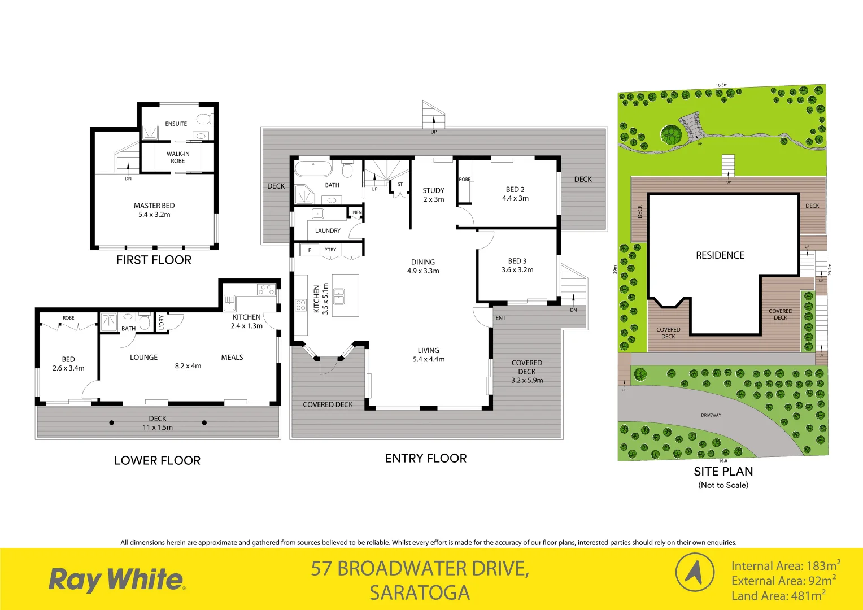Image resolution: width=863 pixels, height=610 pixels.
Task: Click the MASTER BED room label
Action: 154,210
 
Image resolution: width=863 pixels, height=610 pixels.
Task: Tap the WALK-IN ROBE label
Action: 178,157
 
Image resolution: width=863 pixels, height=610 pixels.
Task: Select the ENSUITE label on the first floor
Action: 176,124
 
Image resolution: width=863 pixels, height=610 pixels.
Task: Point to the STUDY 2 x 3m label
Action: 434,195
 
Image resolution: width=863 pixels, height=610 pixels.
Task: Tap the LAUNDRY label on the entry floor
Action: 328,230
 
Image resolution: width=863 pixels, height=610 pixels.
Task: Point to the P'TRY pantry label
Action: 330,250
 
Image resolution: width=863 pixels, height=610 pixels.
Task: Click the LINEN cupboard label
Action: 355,212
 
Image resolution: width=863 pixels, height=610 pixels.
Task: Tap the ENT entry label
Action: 500,318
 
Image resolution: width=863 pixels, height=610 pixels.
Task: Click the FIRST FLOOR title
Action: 154,260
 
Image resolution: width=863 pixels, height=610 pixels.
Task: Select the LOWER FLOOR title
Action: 157,460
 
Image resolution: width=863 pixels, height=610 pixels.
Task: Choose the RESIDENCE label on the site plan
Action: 720,255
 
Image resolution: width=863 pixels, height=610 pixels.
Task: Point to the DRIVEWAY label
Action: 711,415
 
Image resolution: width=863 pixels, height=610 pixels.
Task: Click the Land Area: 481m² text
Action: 778,595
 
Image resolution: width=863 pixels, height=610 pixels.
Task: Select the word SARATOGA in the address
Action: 420,593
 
